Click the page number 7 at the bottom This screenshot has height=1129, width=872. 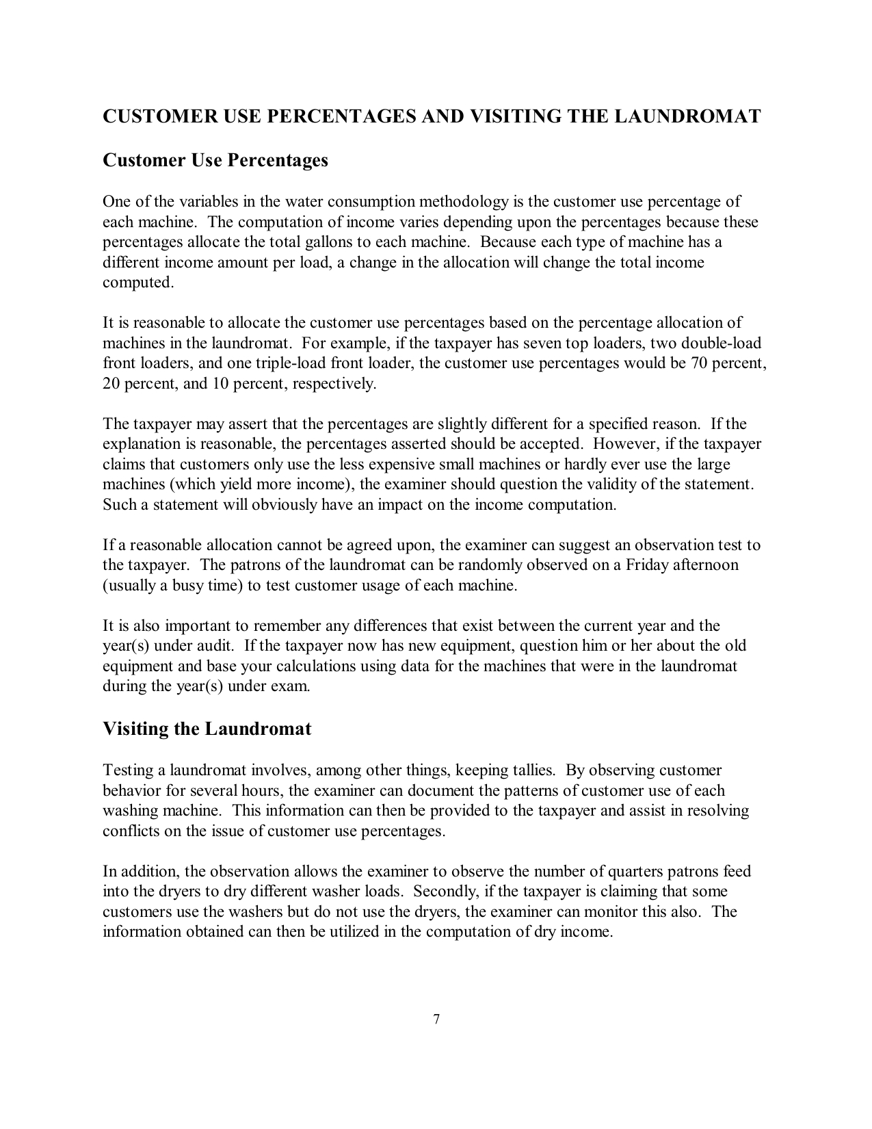tap(436, 1020)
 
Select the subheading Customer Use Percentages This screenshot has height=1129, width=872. tap(215, 160)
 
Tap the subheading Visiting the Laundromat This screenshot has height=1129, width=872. tap(207, 729)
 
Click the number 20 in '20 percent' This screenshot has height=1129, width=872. tap(111, 383)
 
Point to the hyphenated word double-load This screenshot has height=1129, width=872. tap(721, 343)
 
